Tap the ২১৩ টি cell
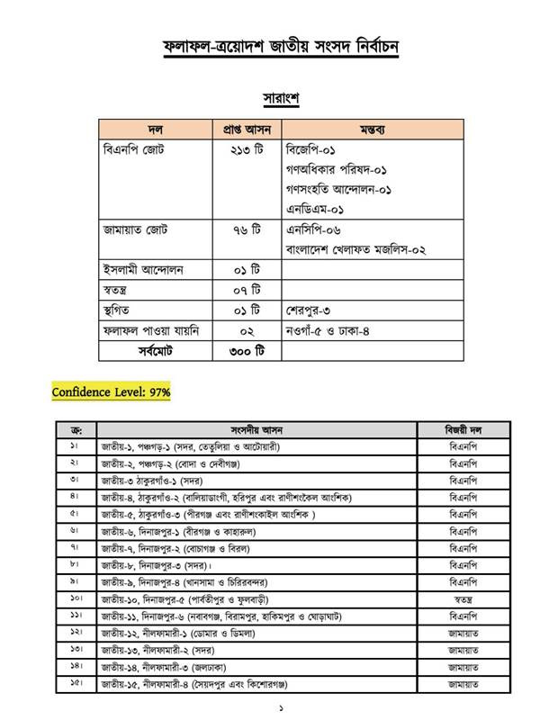(x=245, y=148)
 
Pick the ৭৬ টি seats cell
(x=245, y=229)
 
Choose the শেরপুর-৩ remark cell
(x=311, y=310)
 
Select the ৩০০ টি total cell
(x=245, y=351)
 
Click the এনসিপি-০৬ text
(x=313, y=229)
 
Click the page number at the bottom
(x=270, y=709)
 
